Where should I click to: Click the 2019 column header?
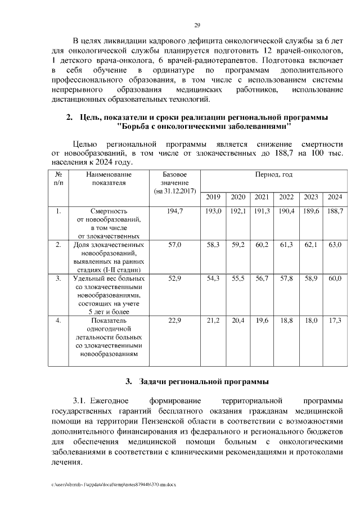(213, 196)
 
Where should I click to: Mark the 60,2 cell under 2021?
(262, 245)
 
